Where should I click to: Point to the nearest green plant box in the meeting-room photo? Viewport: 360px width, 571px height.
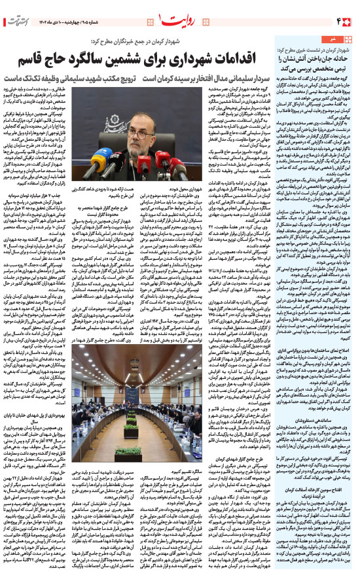128,451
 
